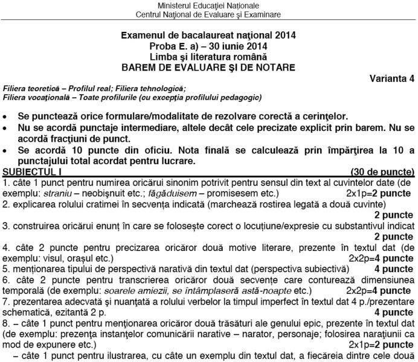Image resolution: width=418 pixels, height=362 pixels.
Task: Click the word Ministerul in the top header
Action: click(175, 5)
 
